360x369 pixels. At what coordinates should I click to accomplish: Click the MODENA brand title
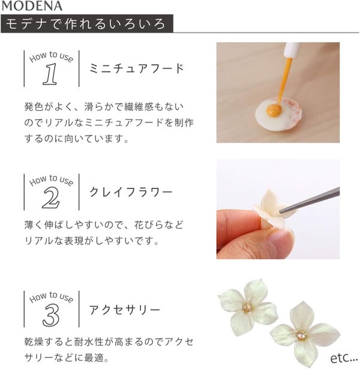coord(32,6)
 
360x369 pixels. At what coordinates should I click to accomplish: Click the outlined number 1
coord(50,74)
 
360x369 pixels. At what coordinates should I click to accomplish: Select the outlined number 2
coord(51,197)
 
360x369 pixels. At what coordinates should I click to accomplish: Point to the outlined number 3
coord(51,314)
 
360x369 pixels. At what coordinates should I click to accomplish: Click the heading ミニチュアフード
coord(136,68)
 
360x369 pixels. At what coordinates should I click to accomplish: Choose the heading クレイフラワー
coord(131,192)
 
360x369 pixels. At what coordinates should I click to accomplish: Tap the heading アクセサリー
coord(125,310)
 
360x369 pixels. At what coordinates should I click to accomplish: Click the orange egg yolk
coord(274,110)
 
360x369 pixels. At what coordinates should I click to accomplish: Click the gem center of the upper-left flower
coord(247,307)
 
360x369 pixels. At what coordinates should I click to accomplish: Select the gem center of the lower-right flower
coord(302,335)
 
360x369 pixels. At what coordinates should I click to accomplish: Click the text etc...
coord(344,358)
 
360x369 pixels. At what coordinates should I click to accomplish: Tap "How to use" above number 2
coord(51,181)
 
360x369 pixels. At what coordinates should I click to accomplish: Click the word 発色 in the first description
coord(34,107)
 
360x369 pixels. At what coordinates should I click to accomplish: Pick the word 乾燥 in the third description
coord(34,342)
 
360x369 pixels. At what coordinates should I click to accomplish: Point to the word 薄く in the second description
coord(34,225)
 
